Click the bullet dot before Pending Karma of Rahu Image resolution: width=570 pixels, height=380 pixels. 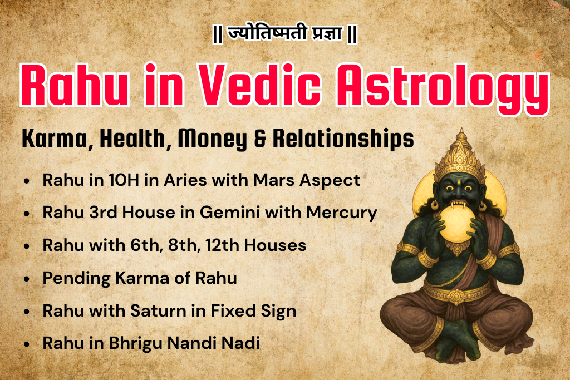[x=27, y=279]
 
